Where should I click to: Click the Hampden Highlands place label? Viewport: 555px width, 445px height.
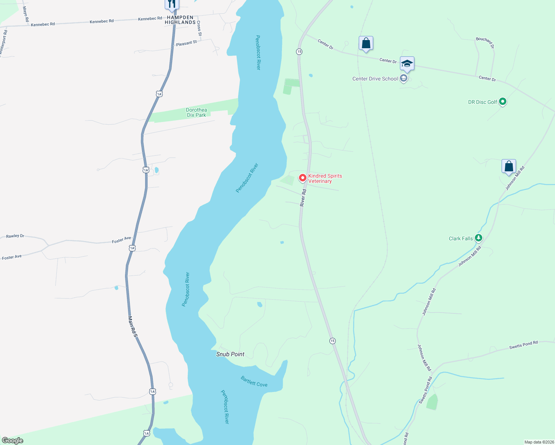pos(180,20)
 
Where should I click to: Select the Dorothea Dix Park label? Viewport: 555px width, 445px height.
pos(196,112)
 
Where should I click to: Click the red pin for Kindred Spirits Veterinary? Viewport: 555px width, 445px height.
pos(303,178)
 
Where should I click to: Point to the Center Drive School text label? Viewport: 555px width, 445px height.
pos(375,79)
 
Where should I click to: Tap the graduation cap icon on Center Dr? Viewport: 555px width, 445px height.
pos(407,64)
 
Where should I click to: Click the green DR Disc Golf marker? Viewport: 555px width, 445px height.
pos(503,101)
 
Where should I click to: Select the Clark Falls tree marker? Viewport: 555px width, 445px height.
pos(479,238)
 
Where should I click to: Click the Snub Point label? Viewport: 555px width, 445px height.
pos(230,354)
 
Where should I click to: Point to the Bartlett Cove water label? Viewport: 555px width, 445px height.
pos(254,382)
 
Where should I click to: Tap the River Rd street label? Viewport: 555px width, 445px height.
pos(303,198)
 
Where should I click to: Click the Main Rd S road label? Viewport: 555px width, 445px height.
pos(133,327)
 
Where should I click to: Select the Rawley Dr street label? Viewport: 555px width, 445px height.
pos(15,236)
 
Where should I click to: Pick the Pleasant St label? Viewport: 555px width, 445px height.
pos(186,43)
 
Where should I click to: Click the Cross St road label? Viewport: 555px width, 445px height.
pos(199,29)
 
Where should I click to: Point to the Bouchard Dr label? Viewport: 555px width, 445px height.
pos(485,43)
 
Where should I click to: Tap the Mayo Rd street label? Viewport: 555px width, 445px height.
pos(26,14)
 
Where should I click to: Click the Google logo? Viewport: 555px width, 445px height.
pos(13,441)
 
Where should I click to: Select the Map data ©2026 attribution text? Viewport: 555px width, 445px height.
pos(538,442)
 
